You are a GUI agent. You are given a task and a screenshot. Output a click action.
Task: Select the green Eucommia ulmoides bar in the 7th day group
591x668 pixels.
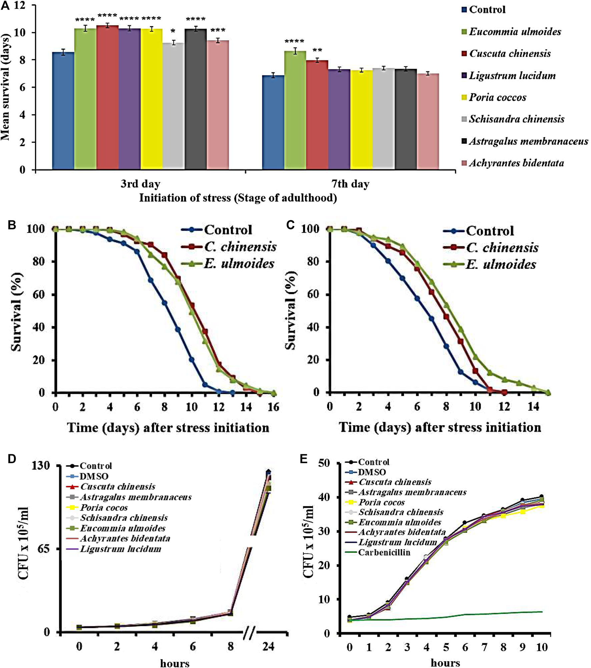point(295,110)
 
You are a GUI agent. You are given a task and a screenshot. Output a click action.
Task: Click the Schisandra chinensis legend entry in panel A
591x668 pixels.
point(516,119)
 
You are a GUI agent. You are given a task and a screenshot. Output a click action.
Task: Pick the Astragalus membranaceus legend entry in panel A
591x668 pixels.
point(528,141)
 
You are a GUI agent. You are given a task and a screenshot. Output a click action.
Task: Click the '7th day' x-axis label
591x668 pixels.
point(350,184)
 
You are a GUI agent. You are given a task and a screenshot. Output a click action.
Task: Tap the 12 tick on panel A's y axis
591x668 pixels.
point(20,6)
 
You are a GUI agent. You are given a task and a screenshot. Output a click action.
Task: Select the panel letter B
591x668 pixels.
point(12,225)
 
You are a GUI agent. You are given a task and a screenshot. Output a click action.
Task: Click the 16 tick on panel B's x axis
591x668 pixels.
point(273,407)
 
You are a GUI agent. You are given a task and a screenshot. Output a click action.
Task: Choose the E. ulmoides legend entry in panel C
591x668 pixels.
point(500,264)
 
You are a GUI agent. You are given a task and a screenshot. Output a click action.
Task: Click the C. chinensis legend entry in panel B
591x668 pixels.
point(240,247)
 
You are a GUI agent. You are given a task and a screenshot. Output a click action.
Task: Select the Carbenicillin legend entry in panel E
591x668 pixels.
point(384,552)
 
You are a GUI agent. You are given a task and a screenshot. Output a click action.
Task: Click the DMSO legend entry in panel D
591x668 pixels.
point(94,476)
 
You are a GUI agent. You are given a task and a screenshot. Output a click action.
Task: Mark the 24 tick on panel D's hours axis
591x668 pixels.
point(268,647)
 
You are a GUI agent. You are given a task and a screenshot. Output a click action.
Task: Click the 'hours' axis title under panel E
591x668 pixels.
point(445,662)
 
